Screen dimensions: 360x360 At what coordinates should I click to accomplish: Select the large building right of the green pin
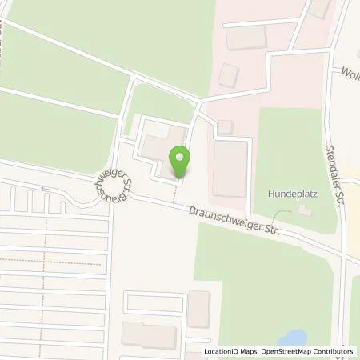[x=230, y=169]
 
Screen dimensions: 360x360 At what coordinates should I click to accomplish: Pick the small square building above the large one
[x=225, y=126]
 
